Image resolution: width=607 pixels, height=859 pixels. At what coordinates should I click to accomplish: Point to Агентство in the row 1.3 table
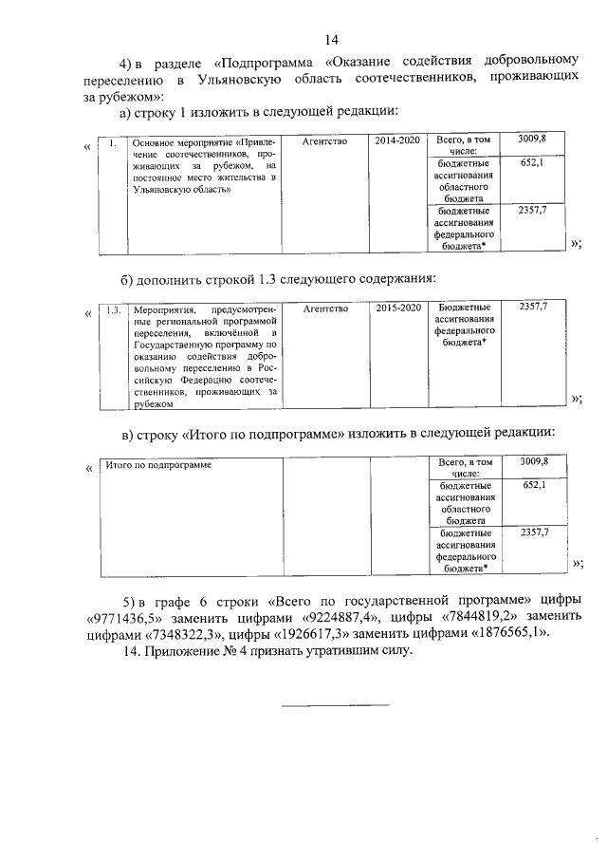point(326,308)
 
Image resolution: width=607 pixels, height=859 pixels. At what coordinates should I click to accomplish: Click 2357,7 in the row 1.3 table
point(533,308)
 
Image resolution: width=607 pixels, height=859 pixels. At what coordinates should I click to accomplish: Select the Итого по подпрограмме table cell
point(157,466)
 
